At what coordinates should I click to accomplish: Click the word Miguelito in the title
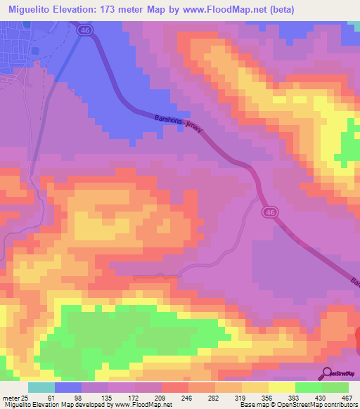point(37,9)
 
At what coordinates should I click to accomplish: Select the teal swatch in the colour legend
point(41,388)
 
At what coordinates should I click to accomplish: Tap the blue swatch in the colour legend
point(68,388)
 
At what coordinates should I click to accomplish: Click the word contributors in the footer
point(337,403)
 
